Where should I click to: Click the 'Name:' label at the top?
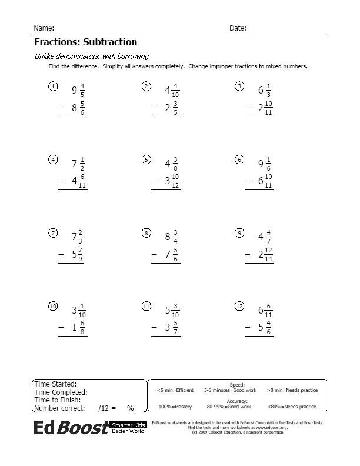[44, 28]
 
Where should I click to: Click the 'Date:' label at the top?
[238, 28]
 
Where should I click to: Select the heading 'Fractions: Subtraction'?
[85, 42]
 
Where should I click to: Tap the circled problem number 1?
[52, 87]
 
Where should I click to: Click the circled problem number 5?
[146, 159]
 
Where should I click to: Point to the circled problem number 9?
[239, 233]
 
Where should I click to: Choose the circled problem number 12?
[239, 306]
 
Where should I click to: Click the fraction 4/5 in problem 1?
[82, 90]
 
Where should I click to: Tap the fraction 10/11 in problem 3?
[269, 108]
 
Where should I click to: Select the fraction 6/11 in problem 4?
[82, 181]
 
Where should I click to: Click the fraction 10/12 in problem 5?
[176, 181]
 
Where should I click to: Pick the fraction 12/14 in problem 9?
[269, 255]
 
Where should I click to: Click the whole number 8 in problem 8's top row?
[168, 237]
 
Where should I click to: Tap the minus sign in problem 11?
[155, 328]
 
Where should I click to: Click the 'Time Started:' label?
[55, 384]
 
